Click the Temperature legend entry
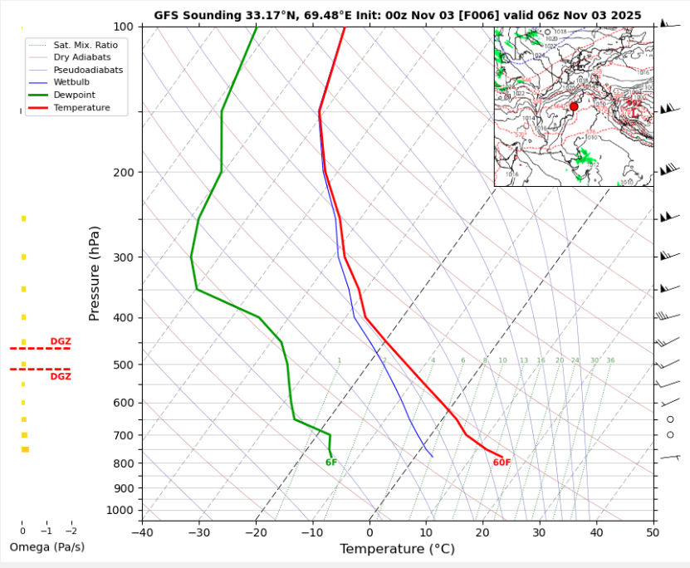pyautogui.click(x=81, y=108)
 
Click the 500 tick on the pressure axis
pyautogui.click(x=123, y=365)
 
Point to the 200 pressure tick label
pyautogui.click(x=123, y=173)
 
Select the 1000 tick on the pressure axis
pyautogui.click(x=120, y=510)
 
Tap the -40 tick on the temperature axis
pyautogui.click(x=142, y=532)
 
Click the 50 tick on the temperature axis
pyautogui.click(x=653, y=532)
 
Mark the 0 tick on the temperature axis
pyautogui.click(x=369, y=532)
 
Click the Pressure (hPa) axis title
pyautogui.click(x=95, y=273)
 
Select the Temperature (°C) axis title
pyautogui.click(x=397, y=549)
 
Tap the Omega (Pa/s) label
pyautogui.click(x=47, y=547)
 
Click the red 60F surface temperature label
pyautogui.click(x=502, y=463)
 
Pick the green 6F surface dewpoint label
pyautogui.click(x=331, y=463)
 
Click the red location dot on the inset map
pyautogui.click(x=574, y=106)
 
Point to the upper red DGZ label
pyautogui.click(x=61, y=341)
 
